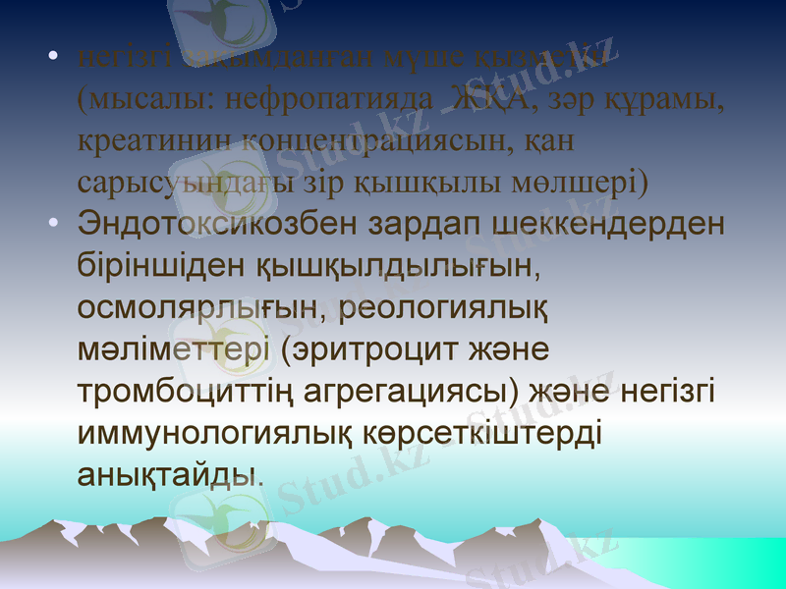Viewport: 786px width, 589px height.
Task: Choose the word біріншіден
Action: (x=161, y=265)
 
